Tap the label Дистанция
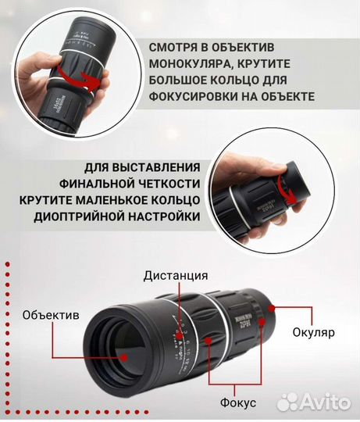point(176,275)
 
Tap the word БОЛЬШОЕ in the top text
point(176,81)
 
